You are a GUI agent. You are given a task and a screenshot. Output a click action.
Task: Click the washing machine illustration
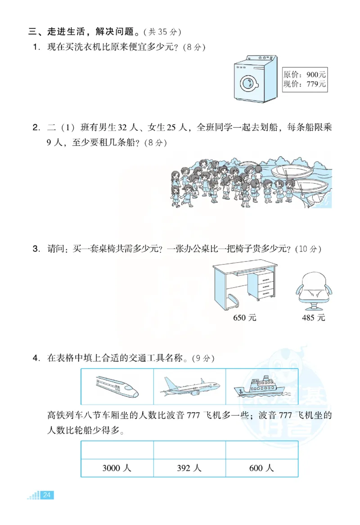point(255,79)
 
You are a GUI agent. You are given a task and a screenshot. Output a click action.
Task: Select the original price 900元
point(305,74)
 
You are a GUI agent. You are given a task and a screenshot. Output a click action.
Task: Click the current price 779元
point(305,84)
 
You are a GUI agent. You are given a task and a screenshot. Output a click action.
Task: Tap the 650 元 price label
point(245,318)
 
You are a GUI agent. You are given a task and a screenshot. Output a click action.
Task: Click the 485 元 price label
point(314,318)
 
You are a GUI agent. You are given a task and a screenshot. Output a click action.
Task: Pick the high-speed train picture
point(117,387)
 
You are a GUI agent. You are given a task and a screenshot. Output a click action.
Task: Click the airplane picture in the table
point(189,387)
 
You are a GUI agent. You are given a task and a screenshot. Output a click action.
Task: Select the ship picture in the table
point(261,387)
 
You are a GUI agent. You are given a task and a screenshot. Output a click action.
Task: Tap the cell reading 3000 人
point(117,468)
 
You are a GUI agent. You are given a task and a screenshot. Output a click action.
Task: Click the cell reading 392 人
point(189,468)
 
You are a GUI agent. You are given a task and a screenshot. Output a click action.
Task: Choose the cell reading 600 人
point(261,468)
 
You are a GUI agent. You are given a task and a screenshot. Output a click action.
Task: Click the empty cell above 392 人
point(189,450)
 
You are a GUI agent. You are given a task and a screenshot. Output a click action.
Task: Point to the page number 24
point(47,495)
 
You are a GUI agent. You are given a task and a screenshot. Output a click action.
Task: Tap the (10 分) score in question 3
point(310,249)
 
